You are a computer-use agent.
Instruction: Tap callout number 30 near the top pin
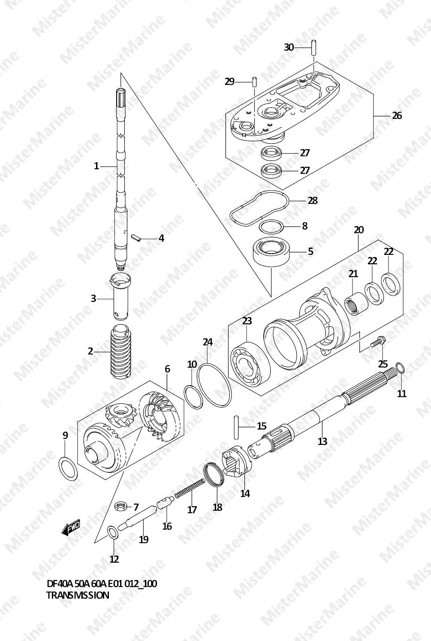point(289,47)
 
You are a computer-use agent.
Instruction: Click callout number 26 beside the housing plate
point(397,115)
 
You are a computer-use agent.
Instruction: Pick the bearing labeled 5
point(272,252)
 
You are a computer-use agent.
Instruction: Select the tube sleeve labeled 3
point(121,296)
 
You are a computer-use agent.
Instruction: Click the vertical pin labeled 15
point(236,427)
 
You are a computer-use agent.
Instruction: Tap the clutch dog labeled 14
point(236,460)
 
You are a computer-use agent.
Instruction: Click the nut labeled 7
point(121,506)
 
